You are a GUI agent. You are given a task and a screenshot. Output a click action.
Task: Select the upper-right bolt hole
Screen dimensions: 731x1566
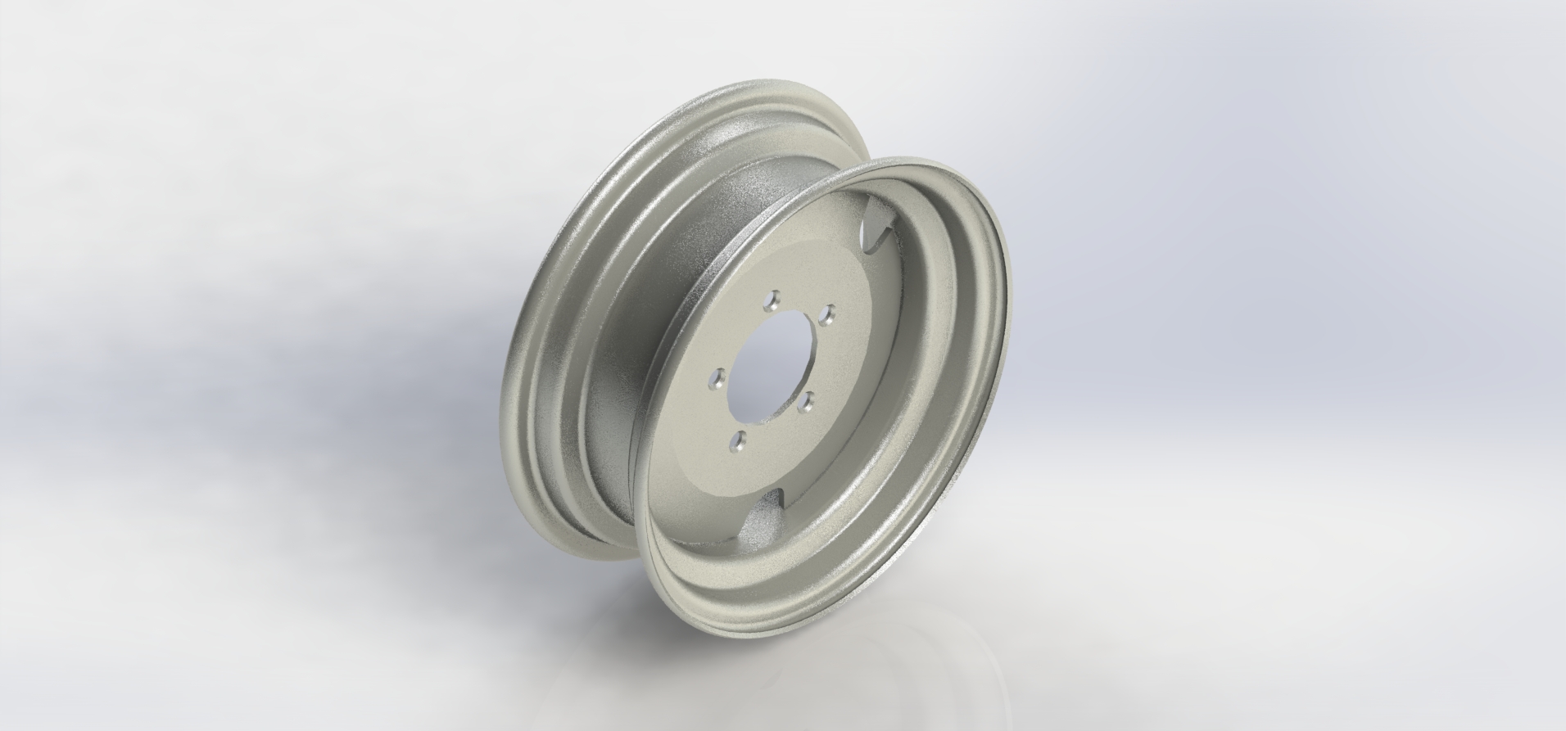coord(828,312)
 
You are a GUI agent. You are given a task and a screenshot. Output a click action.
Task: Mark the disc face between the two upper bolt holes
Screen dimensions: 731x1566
coord(799,301)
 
